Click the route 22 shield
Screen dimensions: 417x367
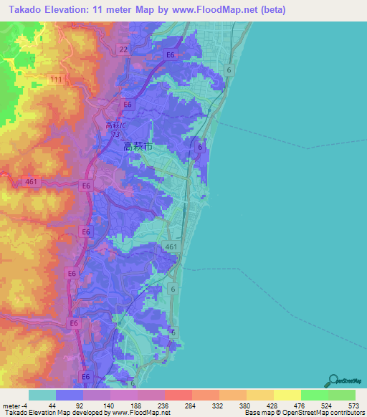pyautogui.click(x=123, y=49)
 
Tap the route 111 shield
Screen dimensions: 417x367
pyautogui.click(x=56, y=77)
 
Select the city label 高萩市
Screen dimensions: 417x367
pyautogui.click(x=138, y=146)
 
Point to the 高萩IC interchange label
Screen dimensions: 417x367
pyautogui.click(x=116, y=126)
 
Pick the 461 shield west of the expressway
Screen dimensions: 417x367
pyautogui.click(x=30, y=182)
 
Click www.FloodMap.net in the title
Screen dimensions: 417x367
pyautogui.click(x=243, y=9)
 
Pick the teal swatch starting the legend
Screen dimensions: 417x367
pyautogui.click(x=42, y=395)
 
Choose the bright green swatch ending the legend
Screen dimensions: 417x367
pyautogui.click(x=341, y=395)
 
